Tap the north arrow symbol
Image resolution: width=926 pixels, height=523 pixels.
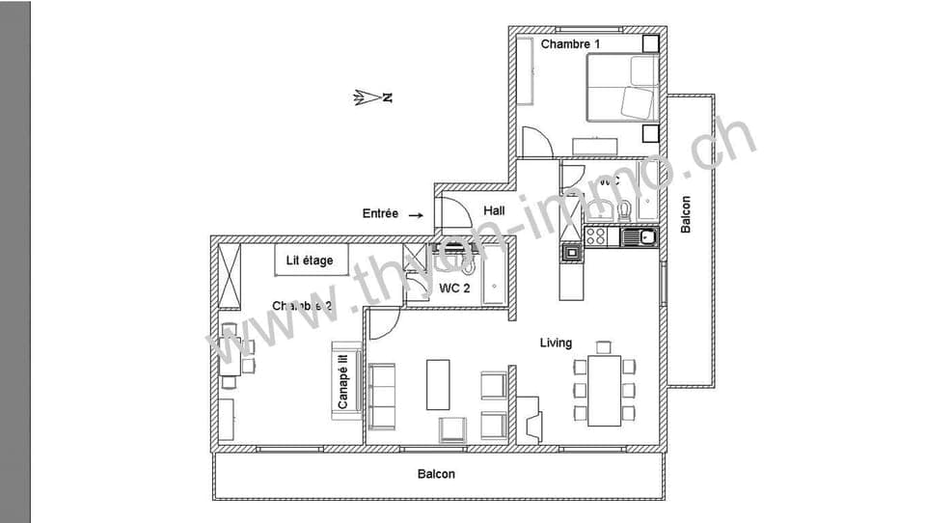tap(372, 97)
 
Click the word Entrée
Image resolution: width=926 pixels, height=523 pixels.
tap(380, 214)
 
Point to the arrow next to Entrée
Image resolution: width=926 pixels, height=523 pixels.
tap(416, 215)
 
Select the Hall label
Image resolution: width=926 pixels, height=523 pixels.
tap(494, 211)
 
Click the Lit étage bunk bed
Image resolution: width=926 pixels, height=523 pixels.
tap(311, 261)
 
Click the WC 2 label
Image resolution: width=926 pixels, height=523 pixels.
tap(454, 288)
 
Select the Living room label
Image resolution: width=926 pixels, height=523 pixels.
tap(556, 343)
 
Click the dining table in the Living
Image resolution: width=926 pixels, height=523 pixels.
tap(604, 390)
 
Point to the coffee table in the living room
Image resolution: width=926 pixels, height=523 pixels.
tap(438, 384)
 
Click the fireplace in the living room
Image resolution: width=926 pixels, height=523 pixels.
tap(530, 419)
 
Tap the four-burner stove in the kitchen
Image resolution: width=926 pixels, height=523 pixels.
tap(596, 234)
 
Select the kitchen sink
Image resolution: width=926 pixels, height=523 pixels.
tap(639, 235)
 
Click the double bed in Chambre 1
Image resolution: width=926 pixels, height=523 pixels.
tap(622, 88)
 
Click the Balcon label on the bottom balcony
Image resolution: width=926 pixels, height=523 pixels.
tap(436, 474)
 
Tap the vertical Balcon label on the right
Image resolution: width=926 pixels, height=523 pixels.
tap(686, 214)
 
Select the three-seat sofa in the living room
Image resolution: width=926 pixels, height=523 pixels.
tap(382, 396)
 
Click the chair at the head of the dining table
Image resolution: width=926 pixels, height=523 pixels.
tap(604, 346)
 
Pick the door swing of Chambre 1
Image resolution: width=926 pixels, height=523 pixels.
tap(535, 143)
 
